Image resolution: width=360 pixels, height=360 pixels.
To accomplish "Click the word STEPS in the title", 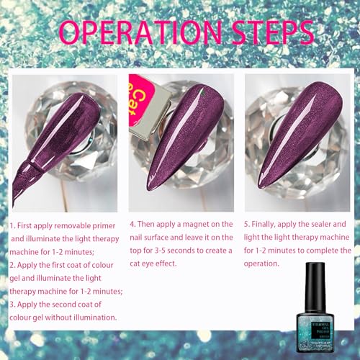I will click(266, 32).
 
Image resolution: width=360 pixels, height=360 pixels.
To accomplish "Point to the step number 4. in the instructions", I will click(133, 225).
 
